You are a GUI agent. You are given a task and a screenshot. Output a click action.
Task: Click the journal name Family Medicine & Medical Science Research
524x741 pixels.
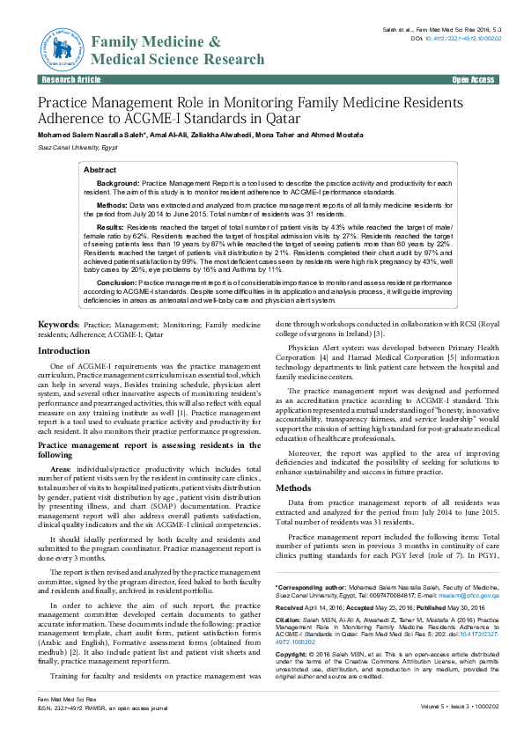pos(177,51)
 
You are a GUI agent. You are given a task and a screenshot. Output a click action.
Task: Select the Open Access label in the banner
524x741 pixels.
pos(473,80)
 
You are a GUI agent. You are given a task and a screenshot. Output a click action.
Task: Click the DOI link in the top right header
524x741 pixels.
pos(462,39)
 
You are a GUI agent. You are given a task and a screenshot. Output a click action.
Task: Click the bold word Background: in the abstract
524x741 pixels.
pos(118,182)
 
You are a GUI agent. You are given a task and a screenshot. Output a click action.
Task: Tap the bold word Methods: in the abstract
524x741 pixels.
pos(111,204)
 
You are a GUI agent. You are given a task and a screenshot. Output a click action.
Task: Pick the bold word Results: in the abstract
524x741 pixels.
pos(110,226)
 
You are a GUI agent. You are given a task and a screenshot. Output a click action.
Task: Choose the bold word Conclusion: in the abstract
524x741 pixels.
pos(115,282)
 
